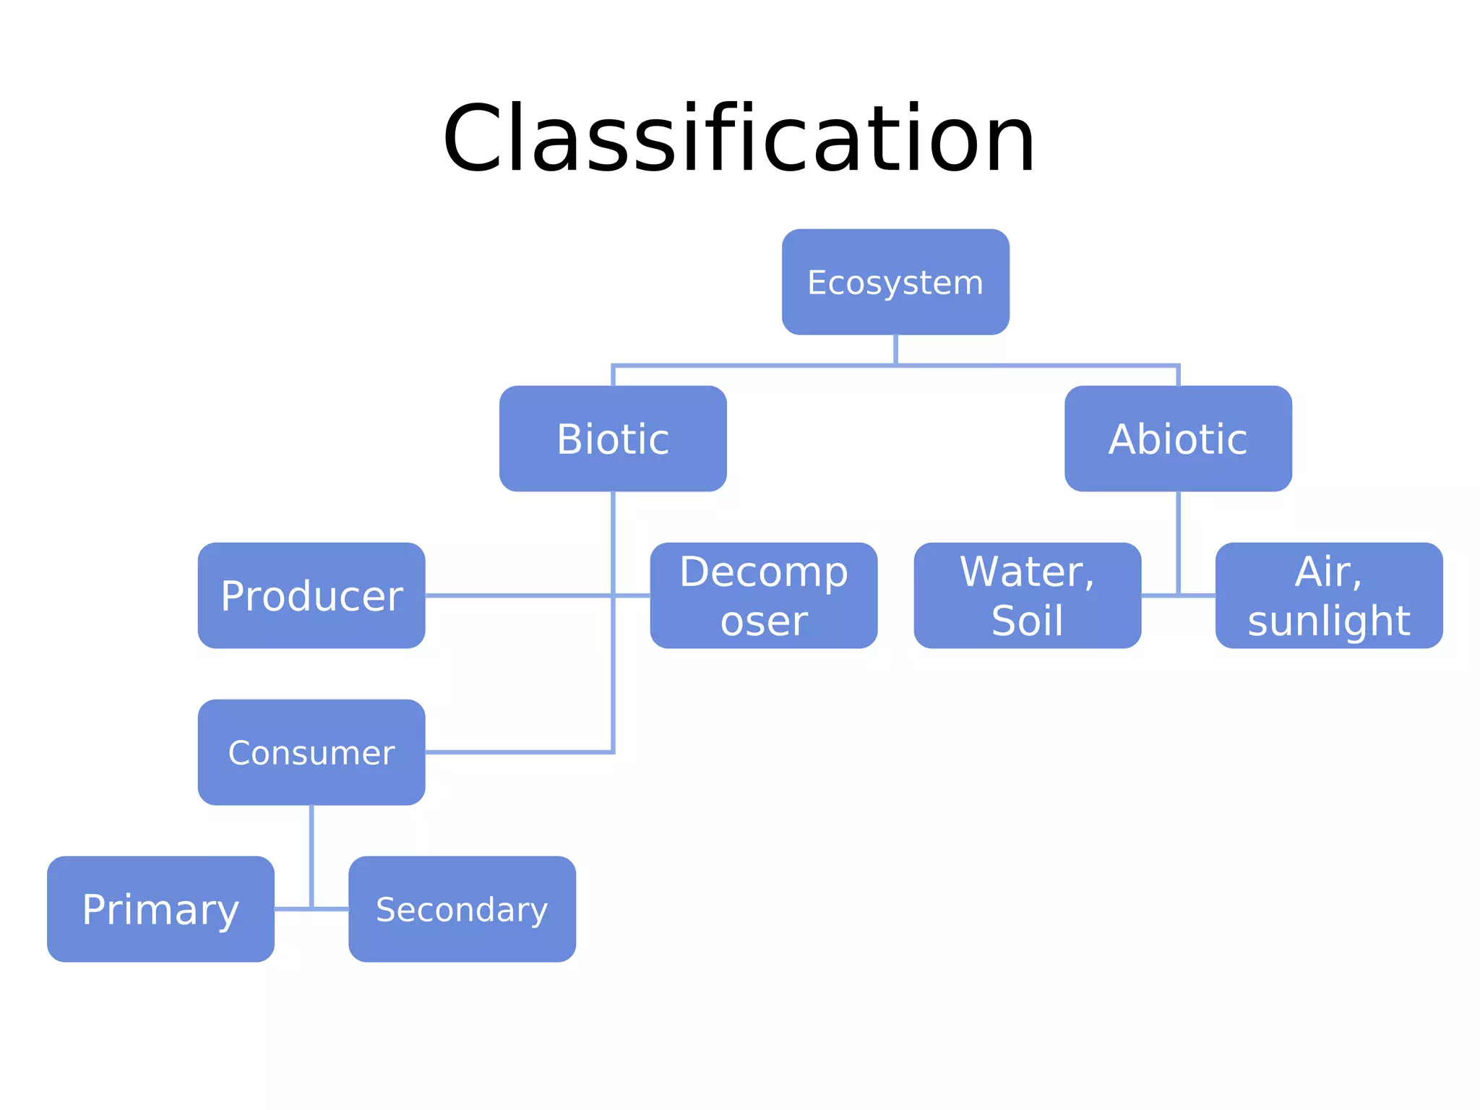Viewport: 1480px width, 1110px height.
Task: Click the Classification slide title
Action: coord(739,139)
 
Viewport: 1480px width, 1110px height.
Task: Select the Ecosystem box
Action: coord(895,282)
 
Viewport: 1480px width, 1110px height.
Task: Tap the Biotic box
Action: coord(613,439)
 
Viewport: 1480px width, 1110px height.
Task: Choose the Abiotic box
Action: coord(1178,439)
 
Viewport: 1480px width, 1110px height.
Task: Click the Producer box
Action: coord(311,595)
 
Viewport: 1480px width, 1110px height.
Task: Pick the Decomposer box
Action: coord(764,595)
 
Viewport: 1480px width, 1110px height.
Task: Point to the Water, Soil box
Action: coord(1027,595)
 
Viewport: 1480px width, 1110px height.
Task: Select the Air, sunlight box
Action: coord(1329,595)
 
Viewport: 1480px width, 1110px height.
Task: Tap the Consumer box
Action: coord(311,752)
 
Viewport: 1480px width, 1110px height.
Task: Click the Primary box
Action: coord(160,909)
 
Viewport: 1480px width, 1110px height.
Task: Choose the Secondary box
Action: coord(462,909)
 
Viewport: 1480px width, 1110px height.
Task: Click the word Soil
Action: coord(1027,621)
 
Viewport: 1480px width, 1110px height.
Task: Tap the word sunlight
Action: coord(1329,621)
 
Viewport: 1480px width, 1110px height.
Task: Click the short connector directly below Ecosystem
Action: coord(895,350)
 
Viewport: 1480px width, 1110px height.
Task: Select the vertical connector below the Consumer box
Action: coord(311,853)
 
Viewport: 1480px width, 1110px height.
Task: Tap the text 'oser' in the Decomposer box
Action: coord(764,621)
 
